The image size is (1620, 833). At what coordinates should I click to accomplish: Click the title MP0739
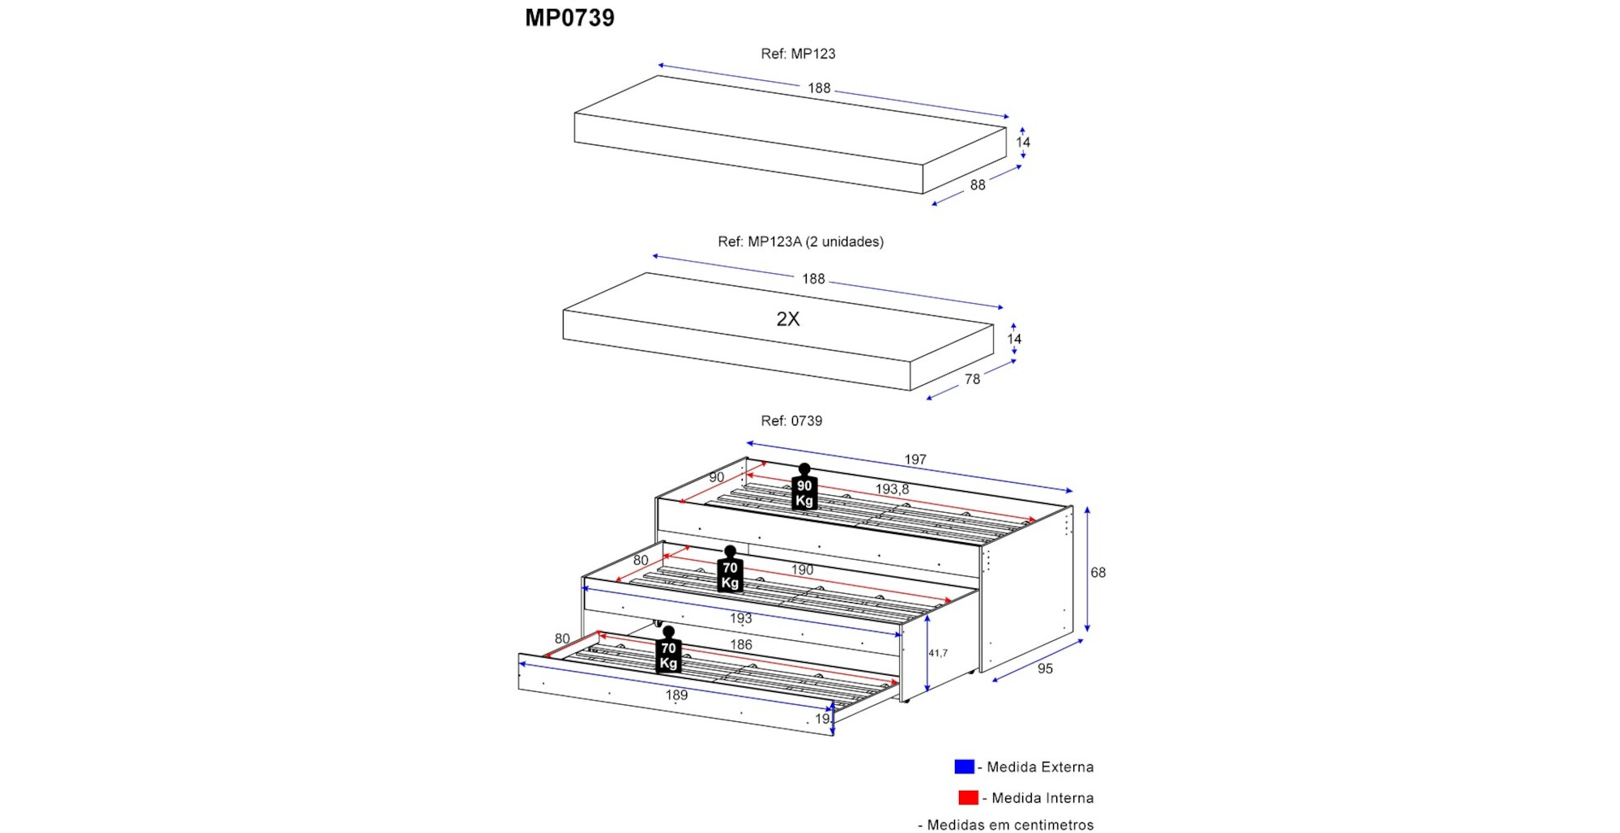click(x=569, y=18)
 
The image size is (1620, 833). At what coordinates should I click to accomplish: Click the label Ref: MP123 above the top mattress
click(x=798, y=54)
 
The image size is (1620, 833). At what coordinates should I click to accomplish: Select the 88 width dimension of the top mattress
click(x=978, y=186)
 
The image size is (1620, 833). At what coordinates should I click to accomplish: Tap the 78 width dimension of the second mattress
click(x=972, y=379)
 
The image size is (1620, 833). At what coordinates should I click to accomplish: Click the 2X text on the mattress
click(x=787, y=319)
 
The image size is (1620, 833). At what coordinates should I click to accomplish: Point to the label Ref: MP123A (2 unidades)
click(x=800, y=242)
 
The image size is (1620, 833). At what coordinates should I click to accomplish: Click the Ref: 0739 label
click(x=791, y=421)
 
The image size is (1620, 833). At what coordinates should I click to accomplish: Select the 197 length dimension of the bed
click(x=915, y=459)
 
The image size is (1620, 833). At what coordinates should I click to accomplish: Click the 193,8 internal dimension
click(x=892, y=489)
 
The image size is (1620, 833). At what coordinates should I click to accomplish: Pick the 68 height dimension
click(x=1098, y=573)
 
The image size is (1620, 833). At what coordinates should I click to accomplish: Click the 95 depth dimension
click(x=1045, y=669)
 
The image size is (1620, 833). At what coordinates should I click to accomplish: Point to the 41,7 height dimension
click(x=938, y=653)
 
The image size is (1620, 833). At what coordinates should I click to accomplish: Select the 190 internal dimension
click(x=802, y=570)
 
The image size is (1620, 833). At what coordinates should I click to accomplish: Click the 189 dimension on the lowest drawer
click(x=676, y=695)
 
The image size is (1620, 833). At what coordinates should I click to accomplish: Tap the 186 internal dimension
click(x=741, y=645)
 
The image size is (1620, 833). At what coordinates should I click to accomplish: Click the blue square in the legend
click(x=964, y=767)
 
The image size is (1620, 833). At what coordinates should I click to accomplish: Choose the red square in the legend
click(x=968, y=798)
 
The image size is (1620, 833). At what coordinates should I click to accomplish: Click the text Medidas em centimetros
click(x=1010, y=825)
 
